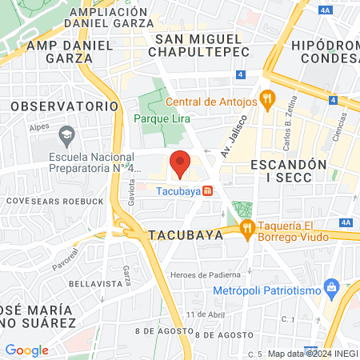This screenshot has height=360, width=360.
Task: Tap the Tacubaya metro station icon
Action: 207,191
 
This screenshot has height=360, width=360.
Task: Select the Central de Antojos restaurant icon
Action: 267,101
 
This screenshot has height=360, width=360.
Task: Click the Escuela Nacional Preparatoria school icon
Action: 67,133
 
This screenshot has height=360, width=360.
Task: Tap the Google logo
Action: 26,350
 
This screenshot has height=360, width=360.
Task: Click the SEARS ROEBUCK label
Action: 65,200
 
